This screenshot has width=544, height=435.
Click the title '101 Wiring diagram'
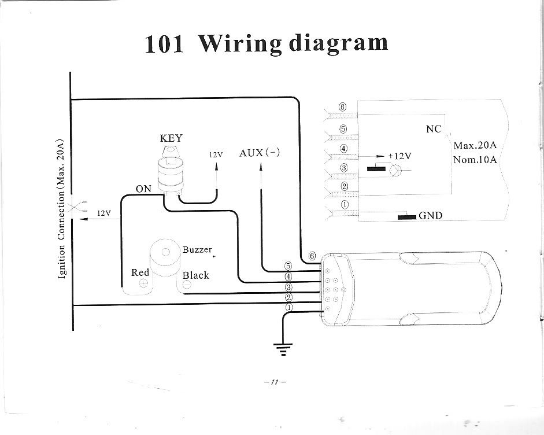pos(267,44)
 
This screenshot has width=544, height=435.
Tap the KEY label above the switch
pos(171,138)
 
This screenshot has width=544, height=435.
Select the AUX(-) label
pos(260,153)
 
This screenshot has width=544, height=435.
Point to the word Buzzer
pos(197,250)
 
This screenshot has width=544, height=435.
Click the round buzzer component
pos(165,257)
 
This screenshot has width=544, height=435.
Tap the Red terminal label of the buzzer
pos(140,272)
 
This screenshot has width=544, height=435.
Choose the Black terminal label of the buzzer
pos(195,275)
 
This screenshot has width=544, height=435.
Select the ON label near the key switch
pos(143,189)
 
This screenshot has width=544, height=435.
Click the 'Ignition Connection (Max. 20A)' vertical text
pos(62,208)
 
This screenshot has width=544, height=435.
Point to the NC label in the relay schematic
pos(434,129)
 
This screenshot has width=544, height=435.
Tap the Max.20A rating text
pos(475,145)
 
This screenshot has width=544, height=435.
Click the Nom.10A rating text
pos(475,160)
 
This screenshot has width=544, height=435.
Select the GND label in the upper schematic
pos(430,216)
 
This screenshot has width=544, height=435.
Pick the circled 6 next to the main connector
pos(312,256)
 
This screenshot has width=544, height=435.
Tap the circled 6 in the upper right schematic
pos(343,108)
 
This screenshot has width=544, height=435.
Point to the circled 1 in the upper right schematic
pos(345,204)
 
